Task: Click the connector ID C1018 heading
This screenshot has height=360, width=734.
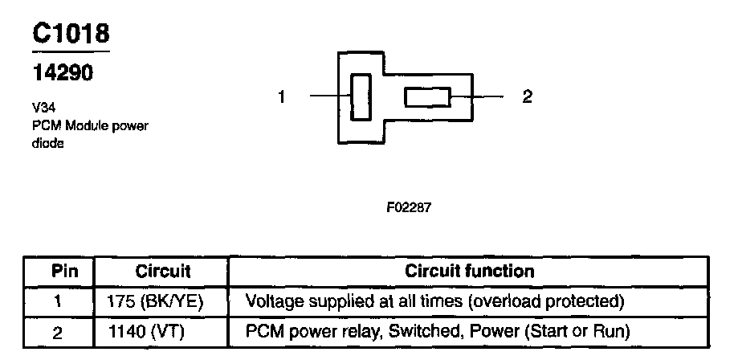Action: point(71,33)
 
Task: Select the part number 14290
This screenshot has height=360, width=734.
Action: point(63,74)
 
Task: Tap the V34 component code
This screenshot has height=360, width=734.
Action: point(43,107)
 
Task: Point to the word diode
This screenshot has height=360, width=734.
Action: point(48,143)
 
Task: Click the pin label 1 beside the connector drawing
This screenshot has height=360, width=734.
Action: point(282,97)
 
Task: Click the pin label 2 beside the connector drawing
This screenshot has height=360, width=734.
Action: point(527,97)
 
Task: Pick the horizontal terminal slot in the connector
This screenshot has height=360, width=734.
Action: point(427,97)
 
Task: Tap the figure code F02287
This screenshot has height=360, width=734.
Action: point(409,207)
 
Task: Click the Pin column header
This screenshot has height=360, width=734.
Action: point(59,271)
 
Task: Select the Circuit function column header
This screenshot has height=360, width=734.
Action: point(470,271)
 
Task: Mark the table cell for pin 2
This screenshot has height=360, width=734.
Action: point(59,330)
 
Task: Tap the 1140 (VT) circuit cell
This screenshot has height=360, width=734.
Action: point(149,330)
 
